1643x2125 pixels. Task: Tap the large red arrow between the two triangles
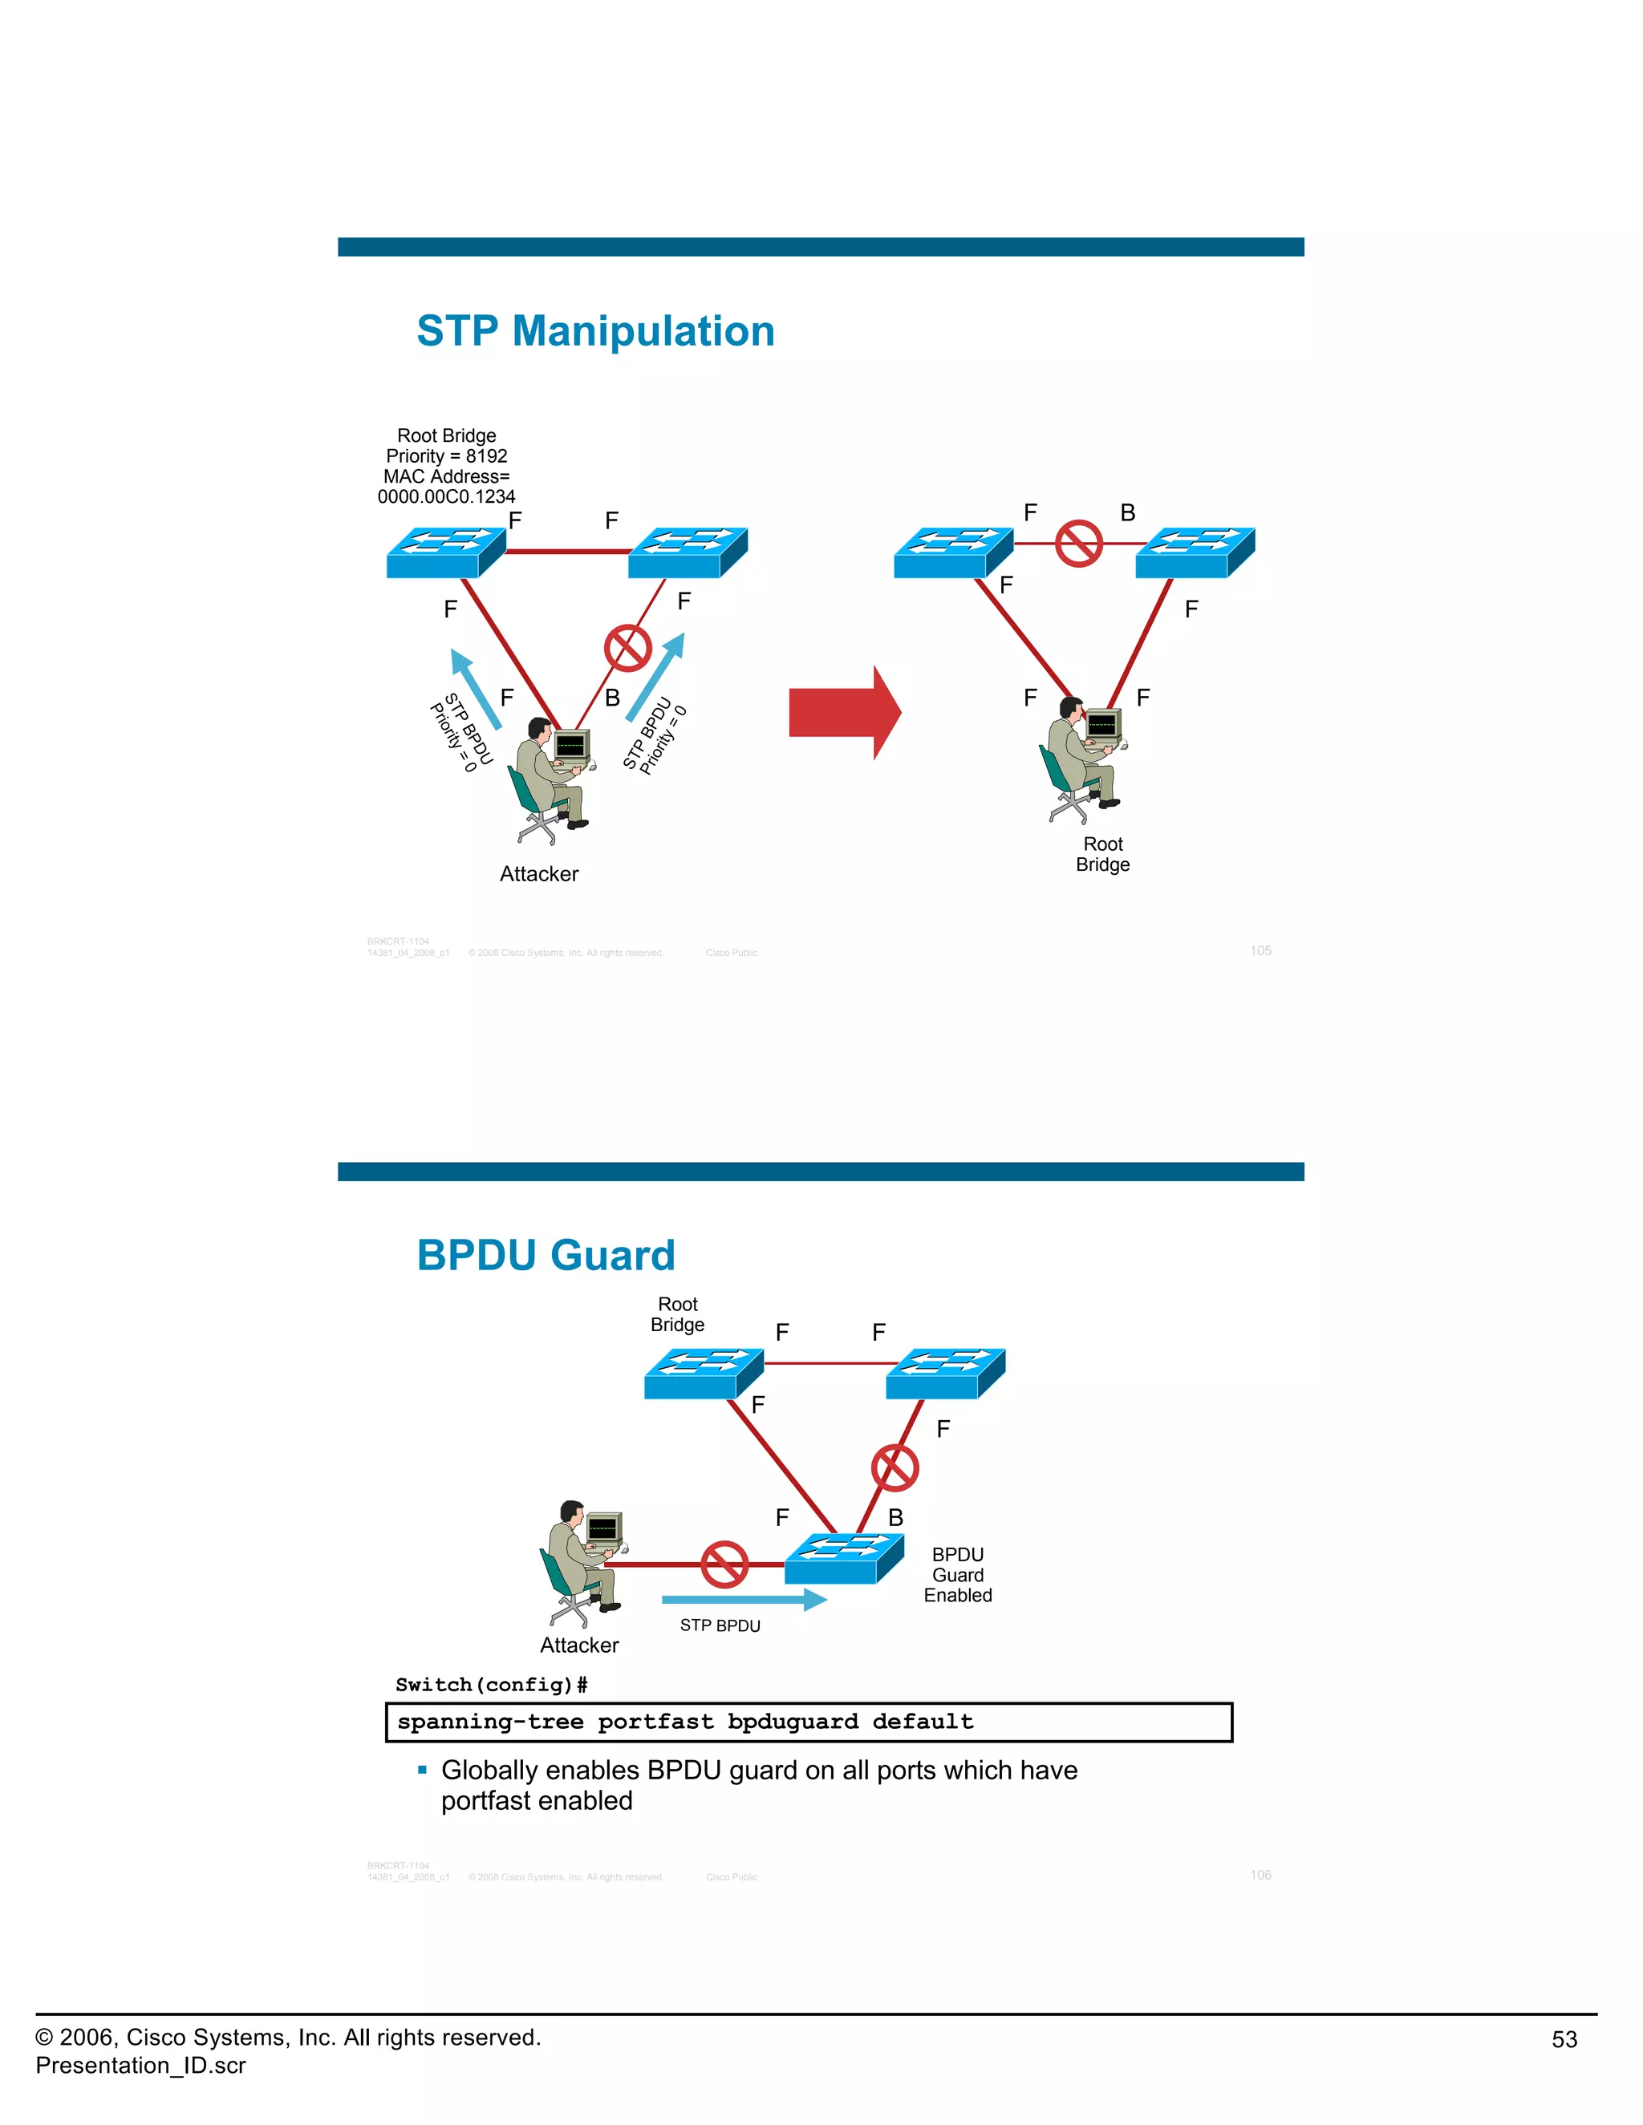point(844,712)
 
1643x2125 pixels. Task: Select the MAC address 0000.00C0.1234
point(446,497)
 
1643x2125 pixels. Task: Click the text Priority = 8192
point(446,456)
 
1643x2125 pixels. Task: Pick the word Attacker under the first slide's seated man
point(538,874)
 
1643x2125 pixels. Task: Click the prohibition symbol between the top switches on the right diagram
point(1078,543)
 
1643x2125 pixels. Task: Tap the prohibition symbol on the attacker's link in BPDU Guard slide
point(724,1564)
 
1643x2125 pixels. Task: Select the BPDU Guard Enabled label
point(958,1574)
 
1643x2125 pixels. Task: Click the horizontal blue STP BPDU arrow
point(744,1600)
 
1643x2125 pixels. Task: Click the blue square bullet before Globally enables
point(423,1770)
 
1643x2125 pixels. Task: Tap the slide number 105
point(1260,950)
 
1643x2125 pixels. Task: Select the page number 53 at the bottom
point(1564,2039)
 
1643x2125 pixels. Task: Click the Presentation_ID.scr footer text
point(140,2066)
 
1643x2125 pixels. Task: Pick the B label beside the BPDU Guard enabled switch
point(895,1518)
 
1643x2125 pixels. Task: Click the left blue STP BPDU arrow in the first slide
point(476,689)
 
